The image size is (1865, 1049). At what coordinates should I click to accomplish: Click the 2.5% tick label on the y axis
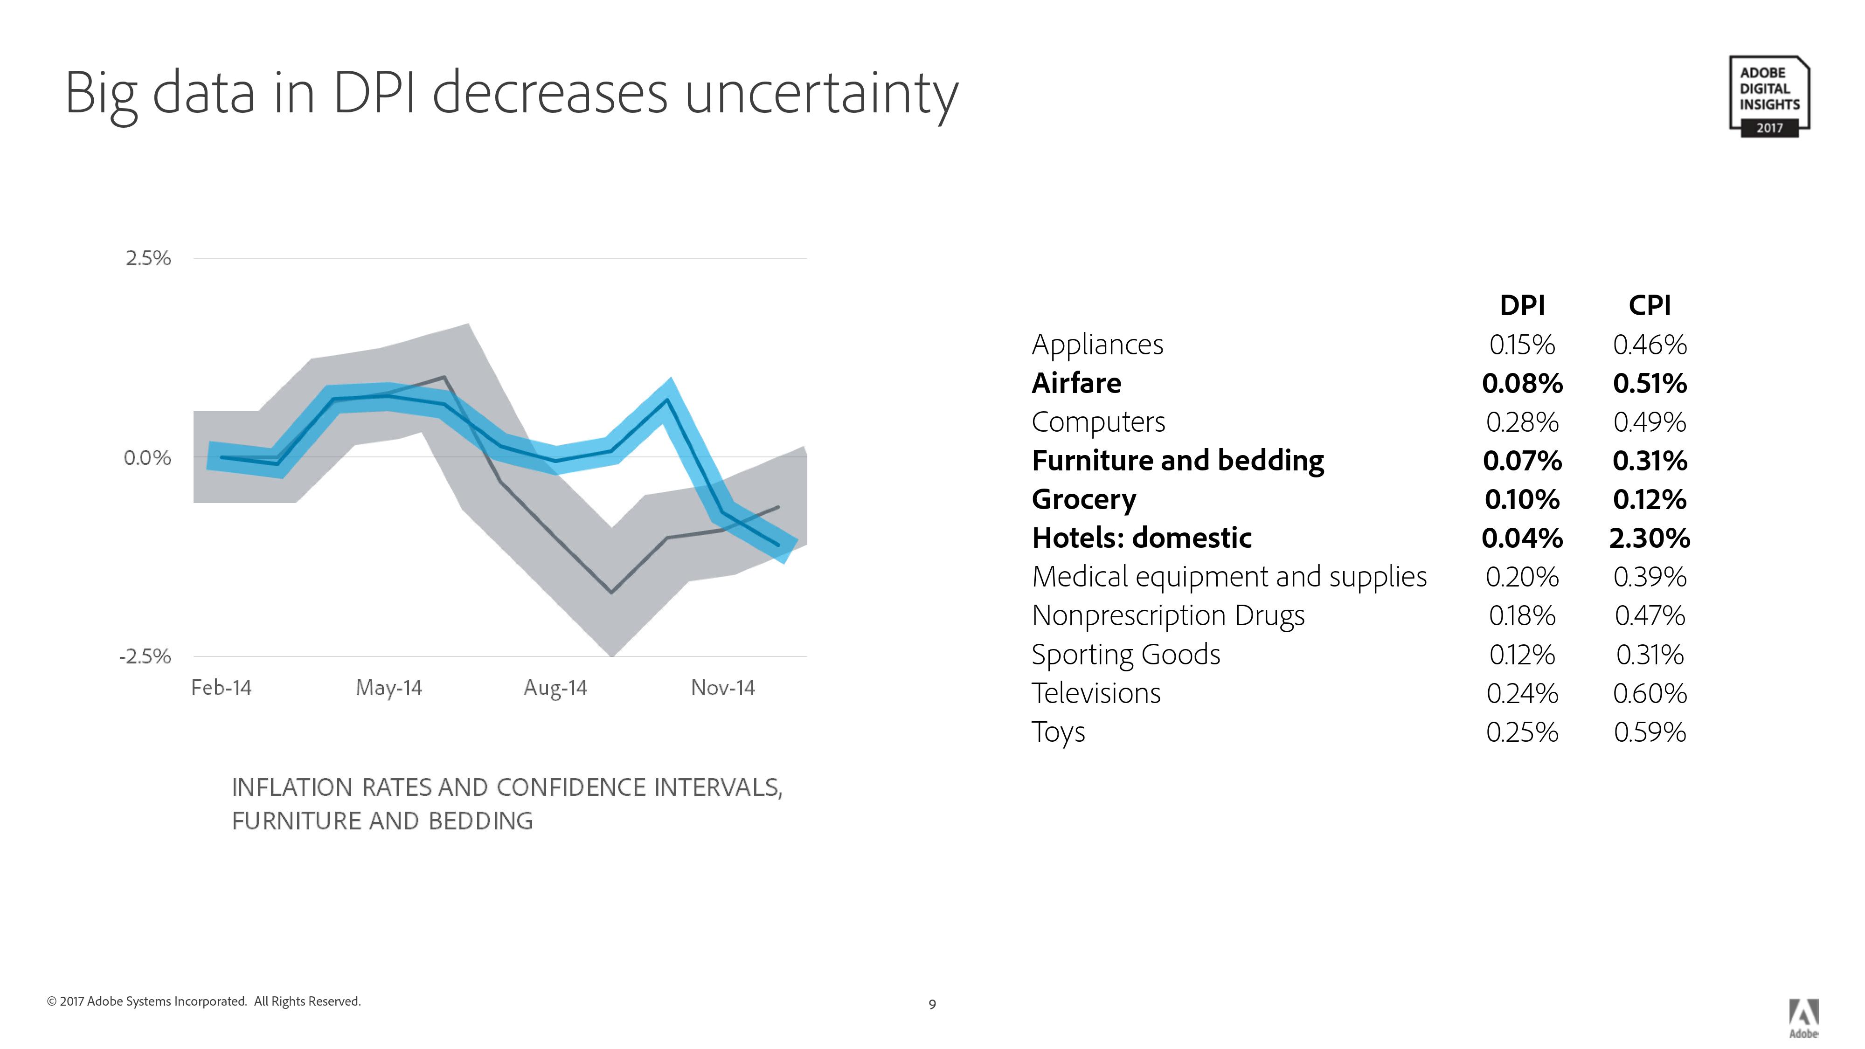148,258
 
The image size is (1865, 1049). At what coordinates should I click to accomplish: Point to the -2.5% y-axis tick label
146,656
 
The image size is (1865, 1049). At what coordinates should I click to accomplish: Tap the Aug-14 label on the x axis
555,688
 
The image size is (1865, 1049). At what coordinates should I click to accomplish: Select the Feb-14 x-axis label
221,688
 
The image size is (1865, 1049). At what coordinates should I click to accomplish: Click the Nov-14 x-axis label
722,688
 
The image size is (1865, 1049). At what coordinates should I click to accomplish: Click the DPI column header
1522,305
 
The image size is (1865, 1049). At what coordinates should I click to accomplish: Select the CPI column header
1649,305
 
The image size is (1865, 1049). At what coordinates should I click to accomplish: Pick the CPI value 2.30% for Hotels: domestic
1649,538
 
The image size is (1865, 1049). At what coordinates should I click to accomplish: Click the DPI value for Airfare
1522,383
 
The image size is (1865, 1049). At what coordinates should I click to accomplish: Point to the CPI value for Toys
1649,732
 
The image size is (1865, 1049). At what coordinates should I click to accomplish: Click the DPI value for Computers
1522,422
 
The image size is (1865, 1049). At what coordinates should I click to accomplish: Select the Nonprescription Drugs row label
1168,616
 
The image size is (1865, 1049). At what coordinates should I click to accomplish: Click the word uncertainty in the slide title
821,94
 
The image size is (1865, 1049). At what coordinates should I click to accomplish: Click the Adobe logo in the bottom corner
1803,1018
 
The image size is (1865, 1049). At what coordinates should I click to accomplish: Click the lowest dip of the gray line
612,592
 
